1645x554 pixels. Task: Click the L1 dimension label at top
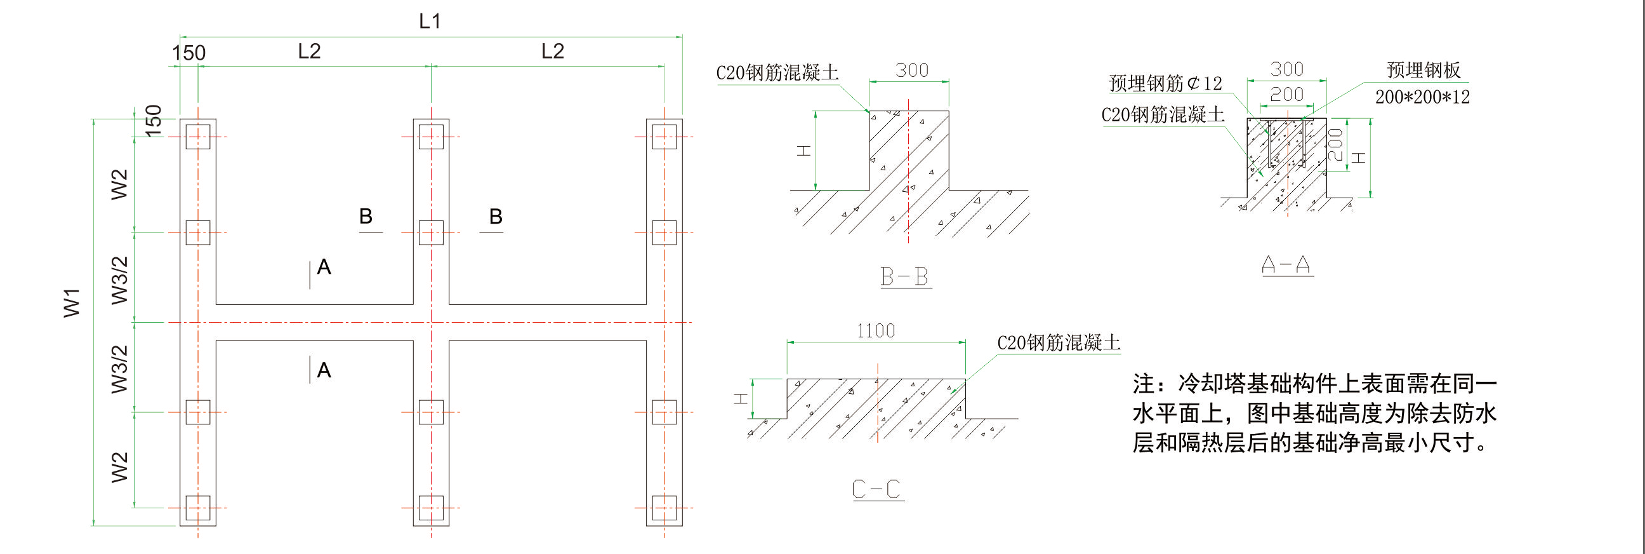[430, 21]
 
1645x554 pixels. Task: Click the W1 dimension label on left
[72, 302]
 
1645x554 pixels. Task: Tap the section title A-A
[1286, 264]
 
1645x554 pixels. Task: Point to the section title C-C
[877, 489]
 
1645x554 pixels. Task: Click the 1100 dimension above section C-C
[876, 331]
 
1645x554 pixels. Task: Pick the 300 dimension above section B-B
[911, 70]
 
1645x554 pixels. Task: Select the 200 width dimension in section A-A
[1286, 95]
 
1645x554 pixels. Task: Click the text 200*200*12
[1422, 97]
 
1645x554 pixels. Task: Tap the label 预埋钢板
[1424, 71]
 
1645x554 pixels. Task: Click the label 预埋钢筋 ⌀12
[1165, 83]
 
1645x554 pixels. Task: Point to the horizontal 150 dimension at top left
[189, 52]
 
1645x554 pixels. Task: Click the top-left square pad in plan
[198, 137]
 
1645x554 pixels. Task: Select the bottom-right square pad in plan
[664, 508]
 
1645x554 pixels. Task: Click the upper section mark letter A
[324, 266]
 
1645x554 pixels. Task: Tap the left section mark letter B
[366, 216]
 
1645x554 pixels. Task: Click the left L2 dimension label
[309, 51]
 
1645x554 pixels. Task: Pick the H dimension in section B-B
[803, 151]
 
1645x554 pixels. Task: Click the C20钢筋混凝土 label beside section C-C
[1058, 343]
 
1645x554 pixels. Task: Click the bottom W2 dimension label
[119, 466]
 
